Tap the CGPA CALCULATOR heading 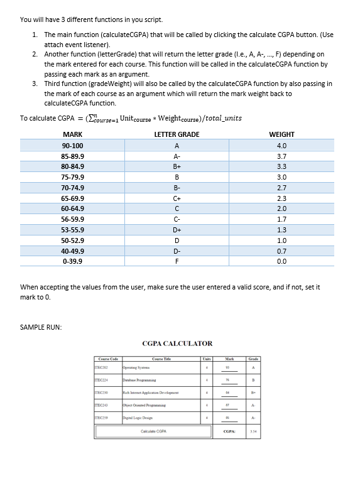click(177, 343)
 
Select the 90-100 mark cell click(73, 145)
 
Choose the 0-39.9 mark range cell click(73, 261)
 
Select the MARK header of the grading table click(73, 134)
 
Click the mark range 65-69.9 click(73, 198)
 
